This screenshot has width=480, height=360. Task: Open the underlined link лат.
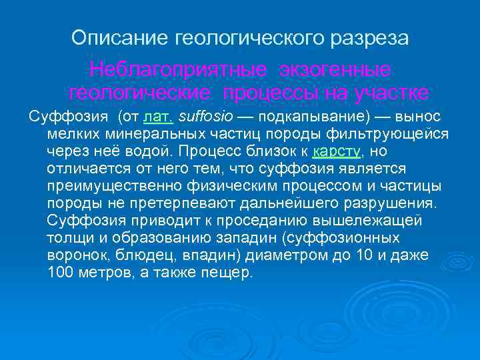(x=158, y=117)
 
